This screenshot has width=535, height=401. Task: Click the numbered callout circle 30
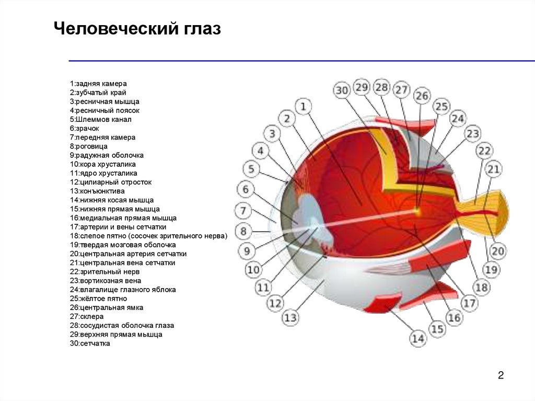tap(342, 91)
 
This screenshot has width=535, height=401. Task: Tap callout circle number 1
tap(304, 107)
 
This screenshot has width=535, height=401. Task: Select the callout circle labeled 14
tap(418, 339)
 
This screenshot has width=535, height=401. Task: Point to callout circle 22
tap(484, 152)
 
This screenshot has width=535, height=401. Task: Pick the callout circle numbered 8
tap(243, 231)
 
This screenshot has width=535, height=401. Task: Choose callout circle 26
tap(422, 96)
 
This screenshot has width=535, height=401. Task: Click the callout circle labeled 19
tap(491, 270)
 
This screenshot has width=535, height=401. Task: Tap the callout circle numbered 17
tap(469, 303)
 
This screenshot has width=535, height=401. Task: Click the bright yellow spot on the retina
tap(417, 211)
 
